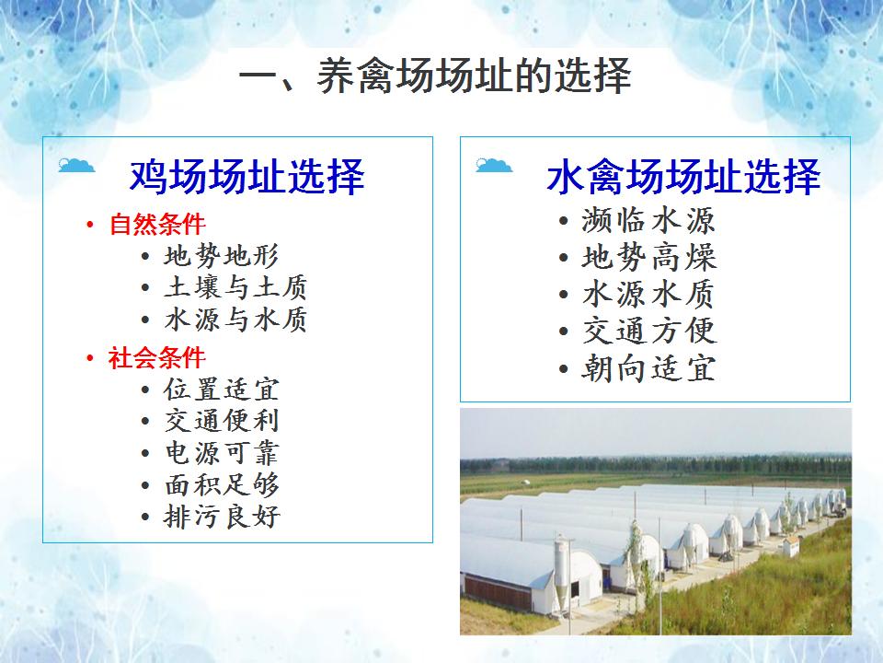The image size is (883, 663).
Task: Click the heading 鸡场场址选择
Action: coord(247,177)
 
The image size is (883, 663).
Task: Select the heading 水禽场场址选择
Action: coord(683,177)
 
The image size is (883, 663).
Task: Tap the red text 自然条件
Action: coord(157,225)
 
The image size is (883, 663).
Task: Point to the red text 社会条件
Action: coord(156,358)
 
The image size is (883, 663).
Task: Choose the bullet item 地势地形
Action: coord(222,256)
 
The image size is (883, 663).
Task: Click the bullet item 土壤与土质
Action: coord(235,287)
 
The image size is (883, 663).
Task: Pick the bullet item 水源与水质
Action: coord(235,320)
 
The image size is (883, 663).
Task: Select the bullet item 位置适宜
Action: coord(222,390)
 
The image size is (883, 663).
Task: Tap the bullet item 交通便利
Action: coord(222,421)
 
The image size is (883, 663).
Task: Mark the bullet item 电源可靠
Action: coord(222,453)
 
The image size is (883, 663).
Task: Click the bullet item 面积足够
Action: coord(222,485)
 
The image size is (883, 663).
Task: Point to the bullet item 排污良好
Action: coord(222,517)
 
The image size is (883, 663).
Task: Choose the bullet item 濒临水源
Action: coord(648,220)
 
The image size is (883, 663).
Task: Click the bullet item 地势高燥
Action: coord(648,257)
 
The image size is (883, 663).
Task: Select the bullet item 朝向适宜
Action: coord(648,368)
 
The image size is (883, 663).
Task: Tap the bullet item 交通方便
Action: coord(648,331)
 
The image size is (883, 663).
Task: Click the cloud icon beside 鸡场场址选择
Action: coord(76,165)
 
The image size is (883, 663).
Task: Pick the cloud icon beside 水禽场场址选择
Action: coord(494,165)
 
